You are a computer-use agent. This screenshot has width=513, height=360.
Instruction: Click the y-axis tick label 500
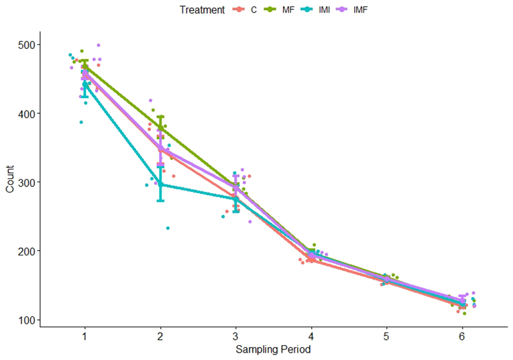(x=26, y=45)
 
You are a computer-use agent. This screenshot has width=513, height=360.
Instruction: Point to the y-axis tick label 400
(x=26, y=114)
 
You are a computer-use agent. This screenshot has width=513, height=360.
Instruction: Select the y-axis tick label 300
(x=26, y=182)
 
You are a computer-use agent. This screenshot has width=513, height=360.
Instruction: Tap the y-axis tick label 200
(x=26, y=251)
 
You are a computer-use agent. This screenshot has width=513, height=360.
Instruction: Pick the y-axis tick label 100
(x=26, y=320)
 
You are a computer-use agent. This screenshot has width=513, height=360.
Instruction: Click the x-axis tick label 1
(x=85, y=336)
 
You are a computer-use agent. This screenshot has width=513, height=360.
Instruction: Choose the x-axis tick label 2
(x=160, y=336)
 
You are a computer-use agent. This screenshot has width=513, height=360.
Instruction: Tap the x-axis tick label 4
(x=311, y=336)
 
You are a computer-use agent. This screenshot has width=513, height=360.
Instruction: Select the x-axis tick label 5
(x=387, y=336)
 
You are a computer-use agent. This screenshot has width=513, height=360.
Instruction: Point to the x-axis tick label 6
(x=462, y=336)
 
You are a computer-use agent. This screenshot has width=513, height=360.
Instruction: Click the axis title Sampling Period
(x=274, y=349)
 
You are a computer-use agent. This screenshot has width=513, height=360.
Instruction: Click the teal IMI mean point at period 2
(x=160, y=184)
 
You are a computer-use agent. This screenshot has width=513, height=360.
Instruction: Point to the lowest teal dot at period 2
(x=168, y=228)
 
